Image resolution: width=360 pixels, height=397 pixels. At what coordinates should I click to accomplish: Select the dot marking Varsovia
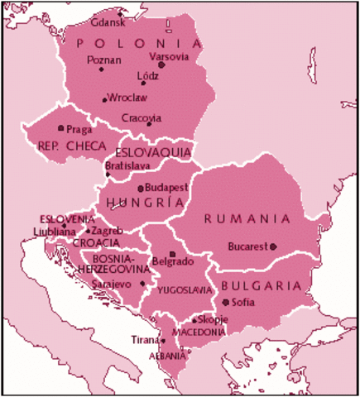161,65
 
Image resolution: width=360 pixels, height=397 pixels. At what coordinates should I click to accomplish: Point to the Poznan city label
103,60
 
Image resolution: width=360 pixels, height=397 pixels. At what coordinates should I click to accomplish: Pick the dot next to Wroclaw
104,99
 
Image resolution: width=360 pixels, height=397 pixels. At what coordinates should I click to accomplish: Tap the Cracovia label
141,117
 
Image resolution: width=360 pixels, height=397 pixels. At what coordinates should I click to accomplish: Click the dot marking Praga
60,128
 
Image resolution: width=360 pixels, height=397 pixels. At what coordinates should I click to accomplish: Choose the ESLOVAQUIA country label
153,153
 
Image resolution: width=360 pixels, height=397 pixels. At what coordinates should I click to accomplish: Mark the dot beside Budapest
141,189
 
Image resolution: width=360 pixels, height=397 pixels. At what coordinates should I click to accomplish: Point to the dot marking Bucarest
273,246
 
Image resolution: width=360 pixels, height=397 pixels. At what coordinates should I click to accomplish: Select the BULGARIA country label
260,285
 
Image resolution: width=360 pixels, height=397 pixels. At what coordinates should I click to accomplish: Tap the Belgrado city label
174,262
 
